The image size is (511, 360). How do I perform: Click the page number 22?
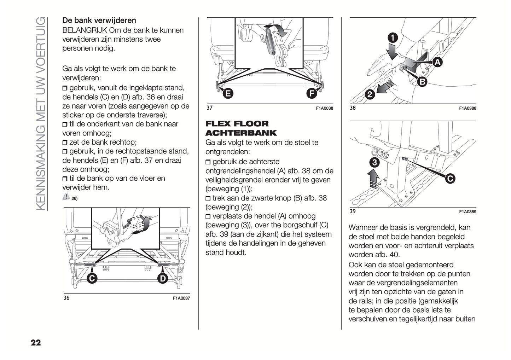[35, 342]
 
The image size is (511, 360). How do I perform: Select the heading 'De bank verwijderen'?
[99, 21]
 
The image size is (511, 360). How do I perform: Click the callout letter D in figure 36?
[162, 279]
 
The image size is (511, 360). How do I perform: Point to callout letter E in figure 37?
[228, 93]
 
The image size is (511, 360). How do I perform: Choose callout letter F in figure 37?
[311, 93]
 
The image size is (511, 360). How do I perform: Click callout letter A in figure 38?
[437, 63]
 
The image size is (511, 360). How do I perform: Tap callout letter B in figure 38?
[422, 82]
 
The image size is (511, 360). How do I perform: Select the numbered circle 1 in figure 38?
[393, 37]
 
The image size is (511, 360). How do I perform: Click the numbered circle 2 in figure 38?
[370, 94]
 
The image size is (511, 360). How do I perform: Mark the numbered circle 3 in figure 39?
[374, 163]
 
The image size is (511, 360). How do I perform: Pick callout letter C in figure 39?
[450, 179]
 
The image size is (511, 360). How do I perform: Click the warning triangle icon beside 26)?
[66, 196]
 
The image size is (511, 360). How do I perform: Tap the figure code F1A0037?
[181, 298]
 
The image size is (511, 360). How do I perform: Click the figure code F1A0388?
[468, 109]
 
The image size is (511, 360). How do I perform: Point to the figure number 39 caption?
[353, 211]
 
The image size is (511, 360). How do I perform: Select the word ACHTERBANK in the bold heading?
[241, 133]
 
